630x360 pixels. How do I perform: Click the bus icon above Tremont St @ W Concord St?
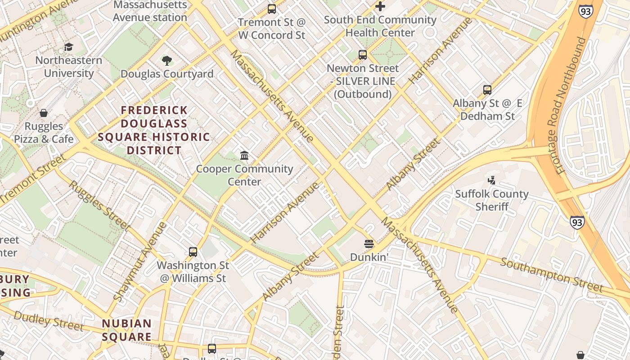click(x=271, y=9)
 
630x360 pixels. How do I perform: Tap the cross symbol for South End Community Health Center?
click(x=380, y=6)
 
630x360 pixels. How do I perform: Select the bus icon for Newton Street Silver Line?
click(x=363, y=55)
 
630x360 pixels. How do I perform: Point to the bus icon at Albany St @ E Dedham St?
click(x=487, y=90)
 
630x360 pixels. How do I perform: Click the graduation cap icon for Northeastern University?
click(x=68, y=47)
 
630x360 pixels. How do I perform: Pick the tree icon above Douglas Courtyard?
click(x=167, y=60)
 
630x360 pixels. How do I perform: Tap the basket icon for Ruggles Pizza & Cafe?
click(x=44, y=112)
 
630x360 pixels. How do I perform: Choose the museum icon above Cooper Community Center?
click(x=244, y=156)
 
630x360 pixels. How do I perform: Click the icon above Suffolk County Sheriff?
click(x=491, y=180)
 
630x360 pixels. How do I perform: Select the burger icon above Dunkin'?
click(x=369, y=244)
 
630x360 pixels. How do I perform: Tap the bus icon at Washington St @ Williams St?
click(x=193, y=252)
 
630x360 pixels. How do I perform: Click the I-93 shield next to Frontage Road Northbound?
click(x=585, y=11)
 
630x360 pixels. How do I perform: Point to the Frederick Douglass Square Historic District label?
click(x=154, y=130)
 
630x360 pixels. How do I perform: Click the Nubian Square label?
click(x=126, y=330)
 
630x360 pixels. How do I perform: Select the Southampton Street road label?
click(x=552, y=274)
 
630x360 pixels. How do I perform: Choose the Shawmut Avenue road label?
click(x=140, y=261)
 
